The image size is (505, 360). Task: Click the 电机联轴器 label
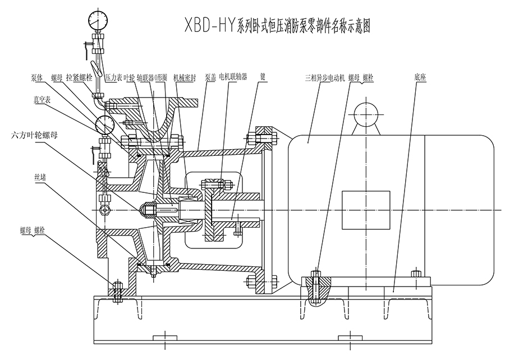point(233,77)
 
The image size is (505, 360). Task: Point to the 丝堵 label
point(42,177)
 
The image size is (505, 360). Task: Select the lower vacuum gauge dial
point(105,123)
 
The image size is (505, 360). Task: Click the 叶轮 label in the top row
point(129,78)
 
